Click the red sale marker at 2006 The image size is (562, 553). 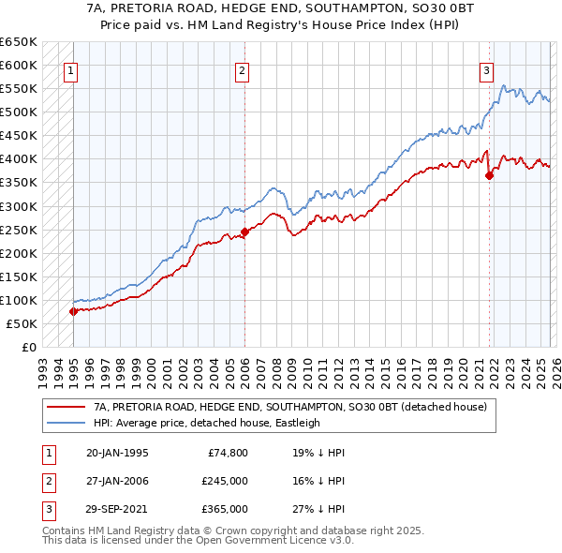click(244, 232)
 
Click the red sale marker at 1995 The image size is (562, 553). click(73, 311)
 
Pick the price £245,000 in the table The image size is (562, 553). click(224, 481)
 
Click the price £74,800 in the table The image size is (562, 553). click(228, 453)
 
